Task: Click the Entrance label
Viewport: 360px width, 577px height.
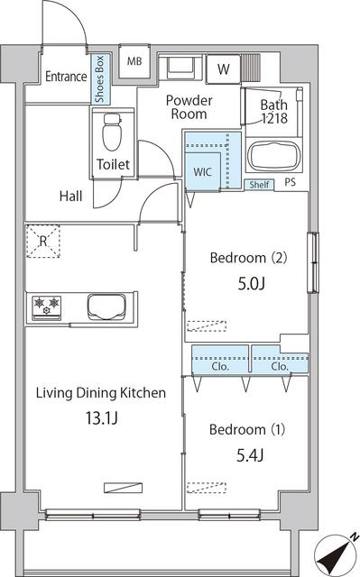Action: point(67,78)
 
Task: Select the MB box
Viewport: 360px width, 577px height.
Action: point(134,61)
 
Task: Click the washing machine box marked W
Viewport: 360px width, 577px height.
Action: point(222,68)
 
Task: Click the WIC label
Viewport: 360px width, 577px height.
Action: point(201,171)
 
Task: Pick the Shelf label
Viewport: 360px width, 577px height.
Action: point(260,185)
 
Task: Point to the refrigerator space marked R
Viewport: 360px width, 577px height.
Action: point(42,240)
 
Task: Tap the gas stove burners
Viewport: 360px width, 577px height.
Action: point(45,307)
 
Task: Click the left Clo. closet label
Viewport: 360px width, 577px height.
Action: point(220,367)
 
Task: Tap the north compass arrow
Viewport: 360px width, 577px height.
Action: point(339,551)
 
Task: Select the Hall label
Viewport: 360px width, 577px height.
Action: point(72,196)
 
